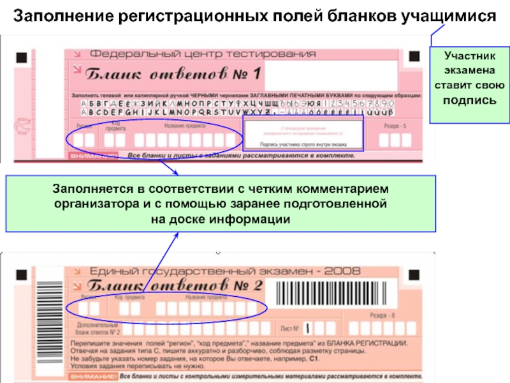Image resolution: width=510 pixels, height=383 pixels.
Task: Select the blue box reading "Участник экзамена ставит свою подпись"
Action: tap(469, 86)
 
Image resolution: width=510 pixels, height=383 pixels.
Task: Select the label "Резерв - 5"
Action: tap(395, 126)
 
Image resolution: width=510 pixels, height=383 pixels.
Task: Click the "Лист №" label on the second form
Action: tap(289, 329)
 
